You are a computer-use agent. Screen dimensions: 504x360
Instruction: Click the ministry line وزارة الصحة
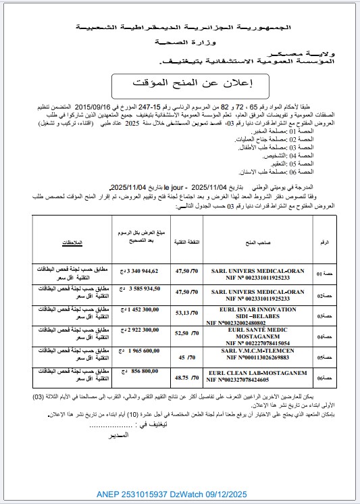click(x=179, y=42)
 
